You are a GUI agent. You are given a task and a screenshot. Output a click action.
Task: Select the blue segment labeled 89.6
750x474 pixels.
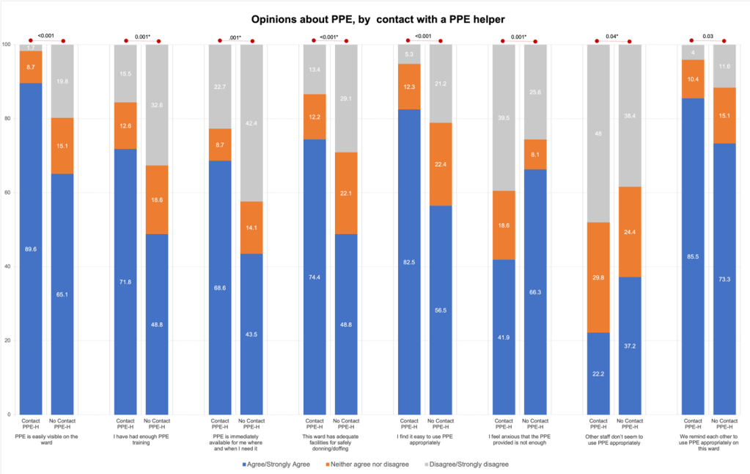pos(30,249)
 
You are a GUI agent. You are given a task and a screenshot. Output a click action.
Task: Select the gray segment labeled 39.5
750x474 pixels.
pos(503,117)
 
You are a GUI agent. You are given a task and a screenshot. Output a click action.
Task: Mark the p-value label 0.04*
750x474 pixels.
pos(612,36)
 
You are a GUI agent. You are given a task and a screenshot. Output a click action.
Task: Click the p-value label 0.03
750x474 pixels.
pos(708,36)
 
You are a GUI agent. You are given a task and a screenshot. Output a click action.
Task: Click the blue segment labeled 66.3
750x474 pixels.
pos(535,292)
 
